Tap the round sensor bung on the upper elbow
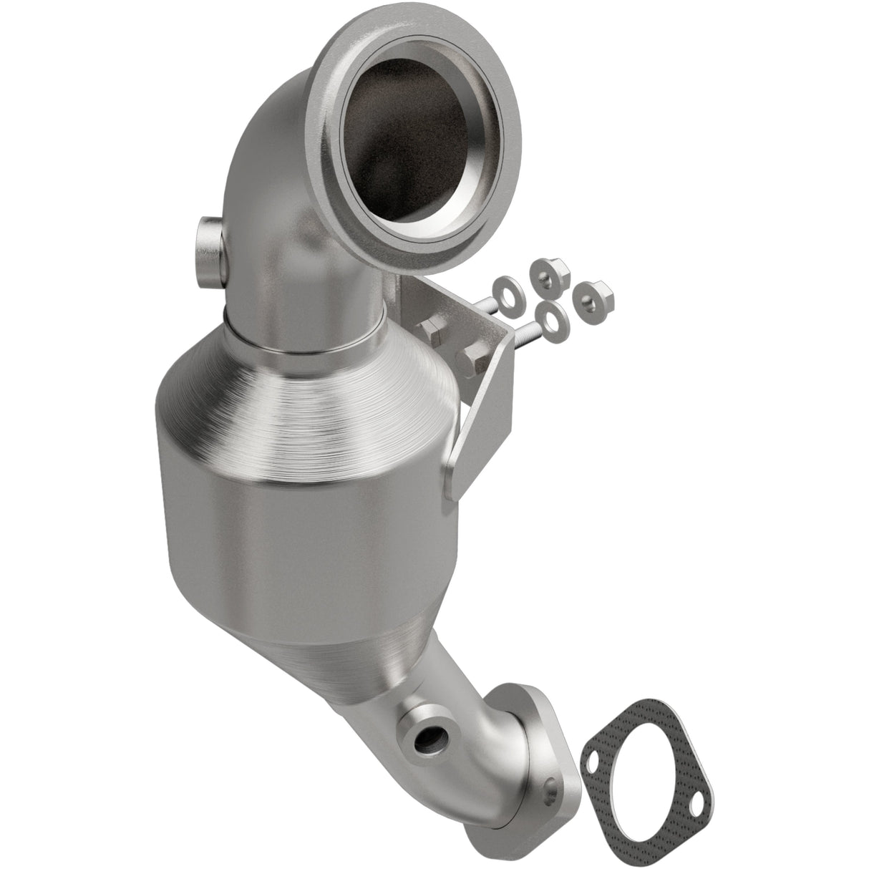(x=208, y=251)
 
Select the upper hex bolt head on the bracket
(x=429, y=331)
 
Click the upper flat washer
(x=511, y=286)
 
